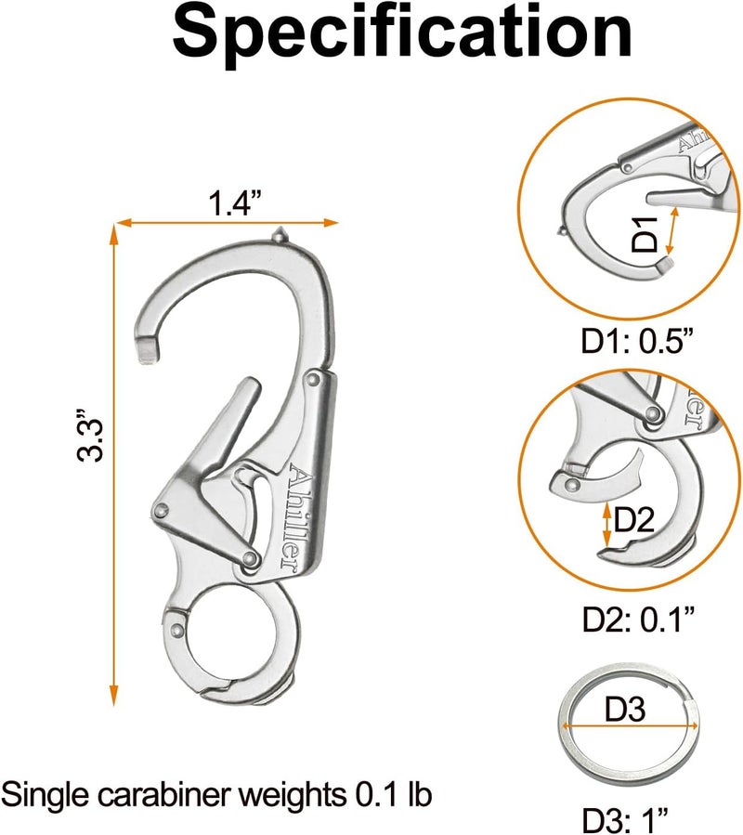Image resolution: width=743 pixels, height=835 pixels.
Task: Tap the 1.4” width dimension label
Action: coord(235,202)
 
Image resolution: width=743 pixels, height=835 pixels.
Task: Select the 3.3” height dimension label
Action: coord(89,435)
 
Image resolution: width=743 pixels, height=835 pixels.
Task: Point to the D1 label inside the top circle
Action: coord(645,234)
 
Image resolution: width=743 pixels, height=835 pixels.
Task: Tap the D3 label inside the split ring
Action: coord(625,709)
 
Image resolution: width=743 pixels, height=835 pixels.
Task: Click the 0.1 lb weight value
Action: coord(393,795)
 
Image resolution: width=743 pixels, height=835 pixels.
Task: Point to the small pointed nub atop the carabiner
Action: coord(280,234)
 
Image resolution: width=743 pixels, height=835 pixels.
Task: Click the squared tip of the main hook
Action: coord(148,349)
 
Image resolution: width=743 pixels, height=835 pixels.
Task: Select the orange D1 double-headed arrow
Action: coord(672,231)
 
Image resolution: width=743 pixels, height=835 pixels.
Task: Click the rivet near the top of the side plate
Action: coord(313,379)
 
